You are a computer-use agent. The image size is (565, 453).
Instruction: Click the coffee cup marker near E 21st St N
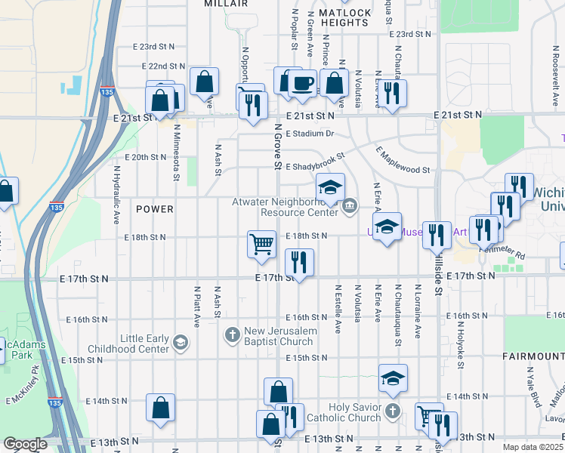(302, 83)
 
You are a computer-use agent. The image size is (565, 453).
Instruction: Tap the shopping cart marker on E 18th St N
(261, 244)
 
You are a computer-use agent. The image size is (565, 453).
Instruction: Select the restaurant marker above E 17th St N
(299, 262)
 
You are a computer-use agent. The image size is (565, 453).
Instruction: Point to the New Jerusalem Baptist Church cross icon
(233, 334)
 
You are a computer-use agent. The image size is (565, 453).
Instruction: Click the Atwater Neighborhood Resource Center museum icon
(350, 205)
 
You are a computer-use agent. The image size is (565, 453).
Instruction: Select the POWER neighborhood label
(155, 208)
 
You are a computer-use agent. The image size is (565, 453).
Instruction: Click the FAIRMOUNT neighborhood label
(532, 355)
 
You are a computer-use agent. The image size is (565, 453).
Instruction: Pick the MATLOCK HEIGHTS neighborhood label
(344, 18)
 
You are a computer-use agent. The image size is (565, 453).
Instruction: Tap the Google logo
(25, 444)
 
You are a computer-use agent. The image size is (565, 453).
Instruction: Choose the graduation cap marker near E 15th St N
(393, 377)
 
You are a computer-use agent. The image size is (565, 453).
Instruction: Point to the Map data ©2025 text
(533, 447)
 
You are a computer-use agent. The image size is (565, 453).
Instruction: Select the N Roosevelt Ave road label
(554, 72)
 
